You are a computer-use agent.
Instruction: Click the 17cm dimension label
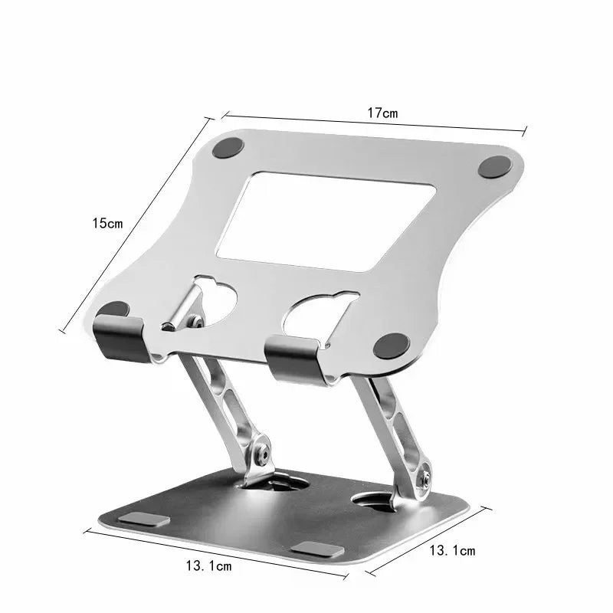pos(382,113)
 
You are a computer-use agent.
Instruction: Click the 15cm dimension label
pos(107,224)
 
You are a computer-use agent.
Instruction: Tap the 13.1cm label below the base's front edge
pos(208,566)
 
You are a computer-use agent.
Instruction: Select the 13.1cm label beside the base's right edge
pos(452,550)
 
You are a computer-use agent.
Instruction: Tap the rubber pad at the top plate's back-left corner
pos(228,149)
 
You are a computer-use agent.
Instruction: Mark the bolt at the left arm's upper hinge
pos(196,323)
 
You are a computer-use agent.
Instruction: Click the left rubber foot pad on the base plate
pos(143,520)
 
